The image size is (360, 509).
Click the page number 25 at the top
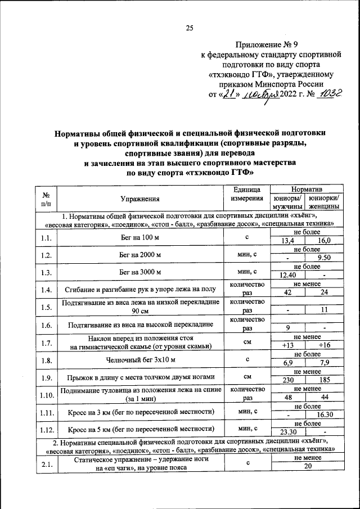tap(190, 27)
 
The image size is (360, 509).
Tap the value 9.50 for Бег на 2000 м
tap(324, 259)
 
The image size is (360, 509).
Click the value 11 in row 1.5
tap(324, 310)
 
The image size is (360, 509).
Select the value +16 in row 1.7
tap(324, 345)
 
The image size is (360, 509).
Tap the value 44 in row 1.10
tap(324, 397)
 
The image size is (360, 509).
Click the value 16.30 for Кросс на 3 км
tap(324, 415)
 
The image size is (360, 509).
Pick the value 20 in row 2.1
tap(306, 466)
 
